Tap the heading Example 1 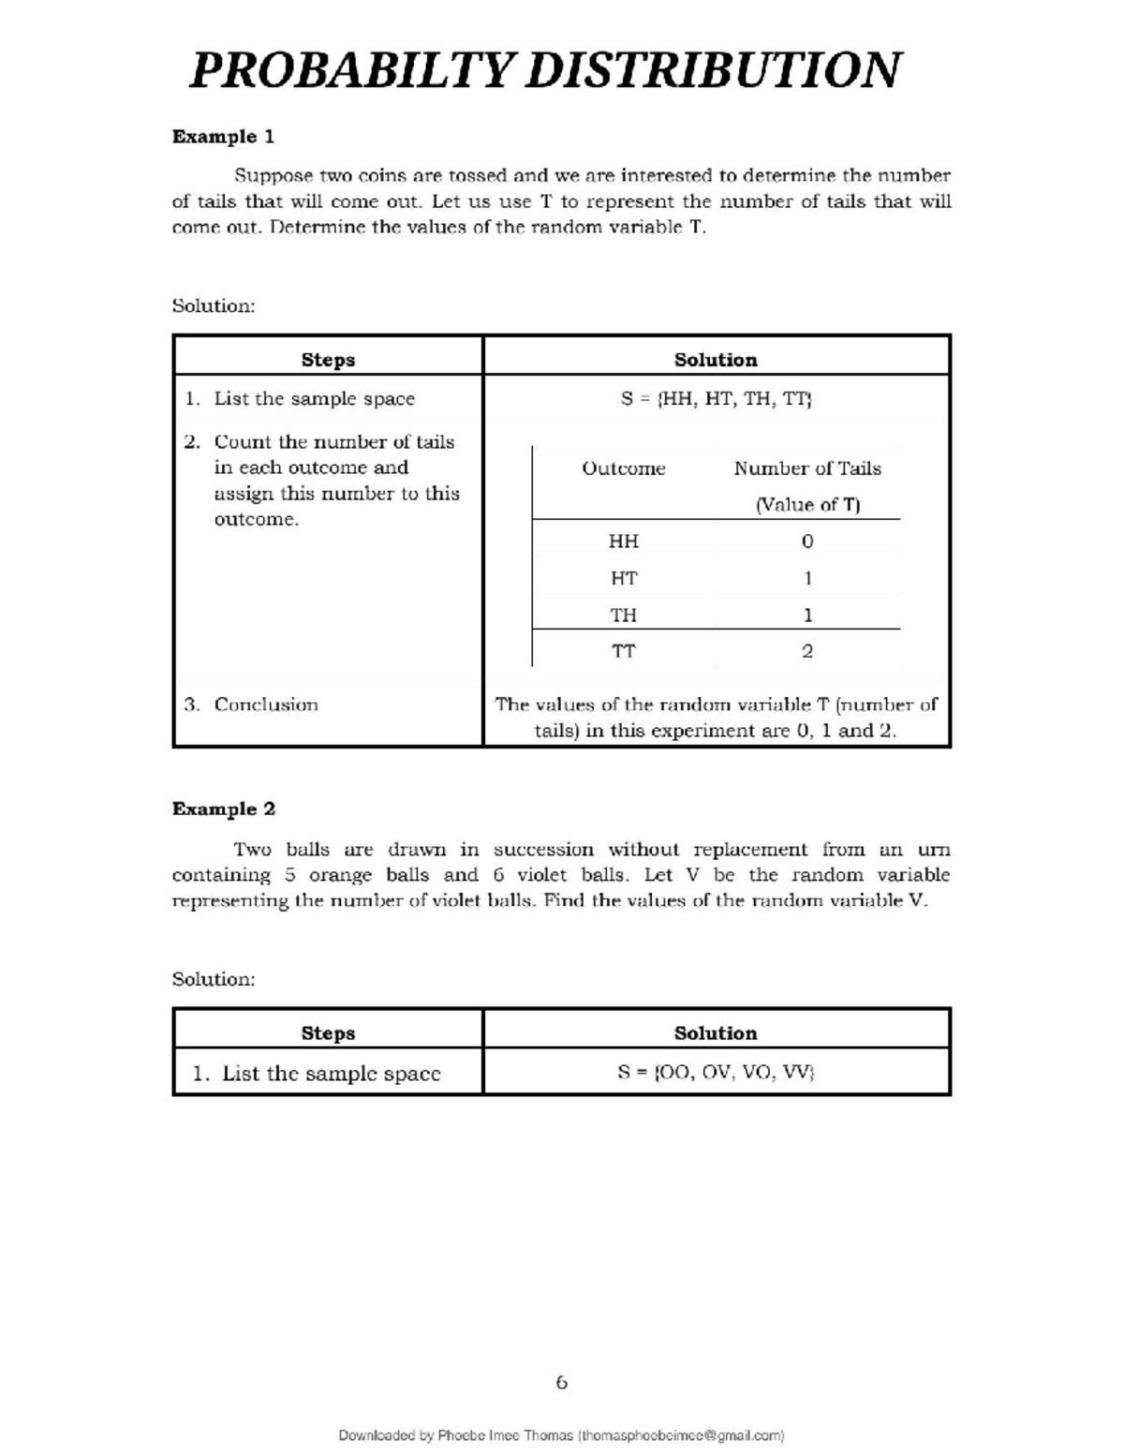[223, 137]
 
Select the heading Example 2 [223, 809]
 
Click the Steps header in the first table [328, 360]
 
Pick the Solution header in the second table [716, 1033]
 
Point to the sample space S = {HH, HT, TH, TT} [716, 399]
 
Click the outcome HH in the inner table [624, 542]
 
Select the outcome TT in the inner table [624, 651]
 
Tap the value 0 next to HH [807, 542]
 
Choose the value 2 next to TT [807, 651]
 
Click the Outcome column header [624, 468]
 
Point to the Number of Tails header [807, 468]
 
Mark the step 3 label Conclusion [266, 705]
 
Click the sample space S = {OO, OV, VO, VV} [716, 1073]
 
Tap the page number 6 [561, 1383]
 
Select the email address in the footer [681, 1435]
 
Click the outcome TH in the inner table [624, 616]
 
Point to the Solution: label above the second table [214, 979]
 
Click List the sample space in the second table [331, 1074]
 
